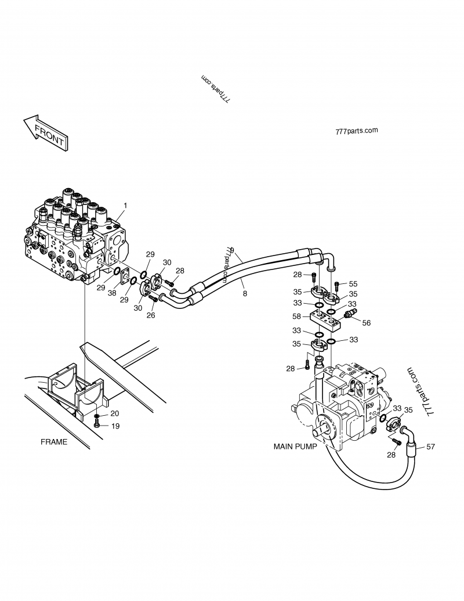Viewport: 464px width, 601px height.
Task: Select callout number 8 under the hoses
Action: (x=245, y=294)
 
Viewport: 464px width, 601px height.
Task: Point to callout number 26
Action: (x=151, y=315)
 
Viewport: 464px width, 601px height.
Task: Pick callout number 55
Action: (x=353, y=284)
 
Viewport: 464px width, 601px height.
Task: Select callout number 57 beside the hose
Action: (x=430, y=447)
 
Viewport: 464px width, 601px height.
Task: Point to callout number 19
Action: (x=115, y=426)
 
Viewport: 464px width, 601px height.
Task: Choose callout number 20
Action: (x=115, y=413)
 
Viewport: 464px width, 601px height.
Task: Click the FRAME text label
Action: (x=54, y=442)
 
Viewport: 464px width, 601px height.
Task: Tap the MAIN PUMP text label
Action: (x=295, y=447)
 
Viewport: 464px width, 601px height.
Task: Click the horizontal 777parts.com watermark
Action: (x=356, y=131)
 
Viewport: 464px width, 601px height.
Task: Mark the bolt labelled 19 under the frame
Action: (x=97, y=426)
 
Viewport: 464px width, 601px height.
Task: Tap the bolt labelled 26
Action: (x=154, y=299)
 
